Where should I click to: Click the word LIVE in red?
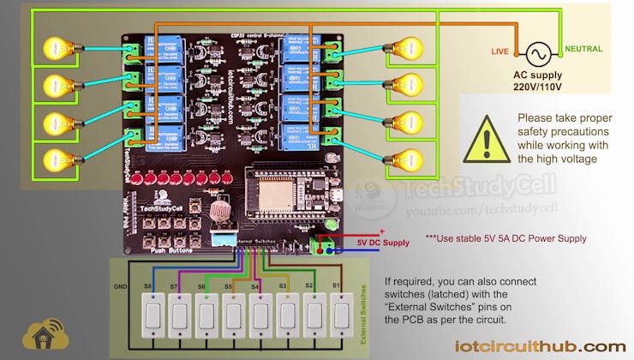point(499,52)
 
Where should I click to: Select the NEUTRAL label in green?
point(583,49)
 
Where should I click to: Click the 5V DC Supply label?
point(383,243)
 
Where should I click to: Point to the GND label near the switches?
point(120,286)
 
